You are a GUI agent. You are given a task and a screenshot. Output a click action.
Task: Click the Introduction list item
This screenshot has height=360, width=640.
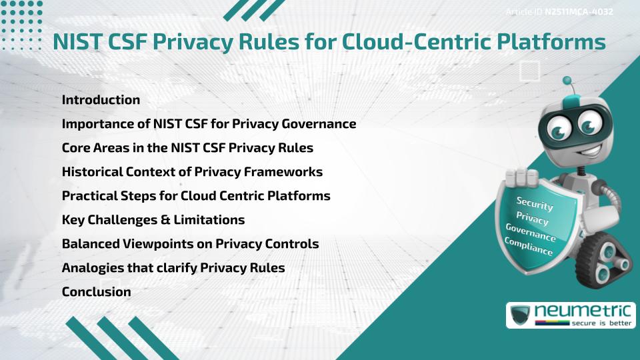click(101, 100)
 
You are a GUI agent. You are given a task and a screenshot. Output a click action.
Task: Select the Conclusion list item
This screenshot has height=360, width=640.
click(96, 292)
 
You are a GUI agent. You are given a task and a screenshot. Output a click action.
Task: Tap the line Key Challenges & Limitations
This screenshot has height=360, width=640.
click(153, 220)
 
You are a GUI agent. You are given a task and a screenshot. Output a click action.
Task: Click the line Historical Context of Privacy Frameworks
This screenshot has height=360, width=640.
click(192, 172)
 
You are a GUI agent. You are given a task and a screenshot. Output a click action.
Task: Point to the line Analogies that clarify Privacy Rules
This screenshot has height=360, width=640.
click(173, 268)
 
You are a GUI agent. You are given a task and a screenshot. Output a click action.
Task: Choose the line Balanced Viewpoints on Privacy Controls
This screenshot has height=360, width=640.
click(190, 244)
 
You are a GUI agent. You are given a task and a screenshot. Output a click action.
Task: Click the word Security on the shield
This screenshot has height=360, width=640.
click(535, 203)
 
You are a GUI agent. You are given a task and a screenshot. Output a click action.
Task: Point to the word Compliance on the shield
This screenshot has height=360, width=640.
click(529, 246)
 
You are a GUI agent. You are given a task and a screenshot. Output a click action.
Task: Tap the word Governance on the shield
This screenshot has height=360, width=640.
click(531, 232)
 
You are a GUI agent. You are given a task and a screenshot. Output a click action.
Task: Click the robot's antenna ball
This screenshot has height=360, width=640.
click(567, 81)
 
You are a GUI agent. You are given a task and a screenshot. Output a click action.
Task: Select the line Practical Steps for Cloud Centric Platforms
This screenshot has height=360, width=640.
click(196, 196)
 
